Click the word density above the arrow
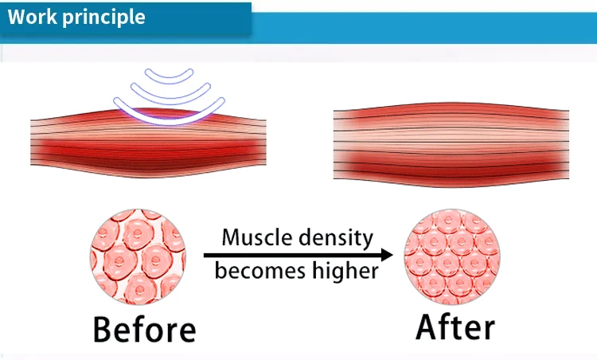[334, 237]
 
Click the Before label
[142, 329]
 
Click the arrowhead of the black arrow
[387, 255]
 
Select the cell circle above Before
[139, 256]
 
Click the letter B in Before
[104, 329]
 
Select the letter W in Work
[18, 17]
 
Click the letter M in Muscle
[232, 237]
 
